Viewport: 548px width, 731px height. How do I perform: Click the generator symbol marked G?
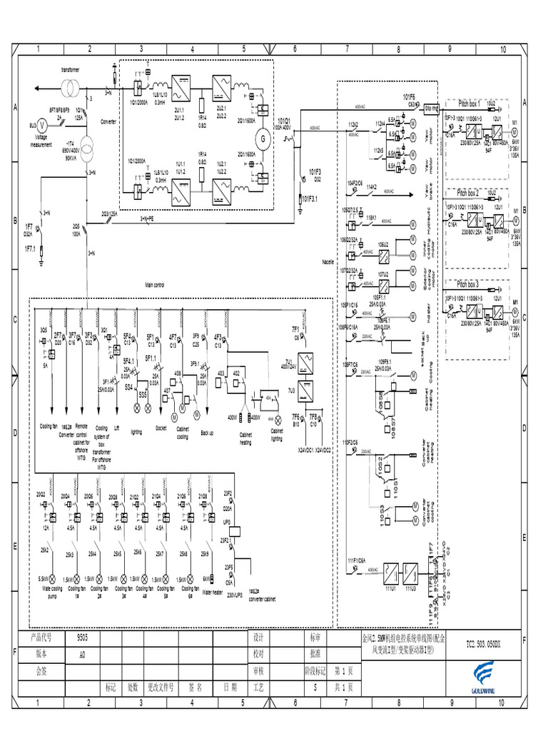point(261,137)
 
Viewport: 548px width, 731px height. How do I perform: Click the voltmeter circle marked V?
point(41,124)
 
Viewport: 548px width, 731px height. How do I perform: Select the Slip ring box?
point(431,109)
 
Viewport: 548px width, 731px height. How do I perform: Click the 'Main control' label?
point(155,285)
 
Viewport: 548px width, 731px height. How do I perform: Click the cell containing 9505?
point(83,636)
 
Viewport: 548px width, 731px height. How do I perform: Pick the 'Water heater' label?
point(212,592)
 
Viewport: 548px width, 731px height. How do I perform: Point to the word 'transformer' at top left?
point(70,69)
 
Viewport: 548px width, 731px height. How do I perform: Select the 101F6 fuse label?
point(409,96)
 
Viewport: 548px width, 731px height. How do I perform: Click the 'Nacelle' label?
point(328,262)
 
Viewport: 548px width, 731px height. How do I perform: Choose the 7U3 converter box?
point(305,390)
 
